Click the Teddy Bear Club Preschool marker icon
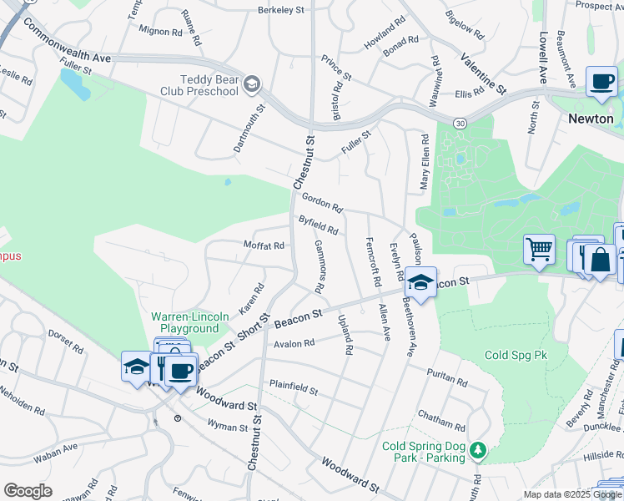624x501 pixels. tap(252, 84)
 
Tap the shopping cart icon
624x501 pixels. tap(540, 249)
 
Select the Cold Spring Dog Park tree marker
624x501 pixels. tap(477, 451)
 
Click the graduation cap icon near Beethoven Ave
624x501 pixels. tap(422, 282)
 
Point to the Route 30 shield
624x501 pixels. tap(460, 123)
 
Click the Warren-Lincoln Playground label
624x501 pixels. tap(184, 323)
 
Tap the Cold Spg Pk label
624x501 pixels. tap(516, 355)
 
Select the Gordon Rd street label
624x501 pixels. tap(323, 202)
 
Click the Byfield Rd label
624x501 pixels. tap(318, 225)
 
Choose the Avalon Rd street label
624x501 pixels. tap(294, 343)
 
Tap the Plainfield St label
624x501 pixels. tap(293, 388)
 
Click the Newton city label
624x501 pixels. tap(591, 119)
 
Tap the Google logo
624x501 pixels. tap(28, 491)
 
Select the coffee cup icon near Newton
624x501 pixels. tap(601, 82)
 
